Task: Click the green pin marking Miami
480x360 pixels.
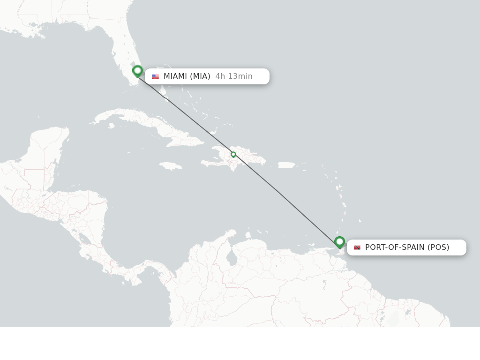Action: coord(137,71)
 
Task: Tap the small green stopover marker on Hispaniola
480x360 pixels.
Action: coord(233,155)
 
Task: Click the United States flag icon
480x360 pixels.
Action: coord(155,76)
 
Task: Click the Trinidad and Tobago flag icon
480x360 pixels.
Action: coord(357,247)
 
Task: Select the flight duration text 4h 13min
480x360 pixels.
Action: coord(234,76)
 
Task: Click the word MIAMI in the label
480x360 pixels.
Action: coord(175,76)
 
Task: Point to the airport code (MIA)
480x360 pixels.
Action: coord(200,76)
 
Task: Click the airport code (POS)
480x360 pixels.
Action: coord(438,247)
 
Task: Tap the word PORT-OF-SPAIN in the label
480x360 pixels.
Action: coord(395,247)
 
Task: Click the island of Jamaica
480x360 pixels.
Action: coord(171,166)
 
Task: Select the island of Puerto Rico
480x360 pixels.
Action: coord(286,165)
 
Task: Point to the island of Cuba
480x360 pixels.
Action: coord(150,124)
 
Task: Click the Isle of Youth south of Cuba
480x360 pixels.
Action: coord(111,126)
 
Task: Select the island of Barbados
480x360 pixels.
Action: coord(360,220)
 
